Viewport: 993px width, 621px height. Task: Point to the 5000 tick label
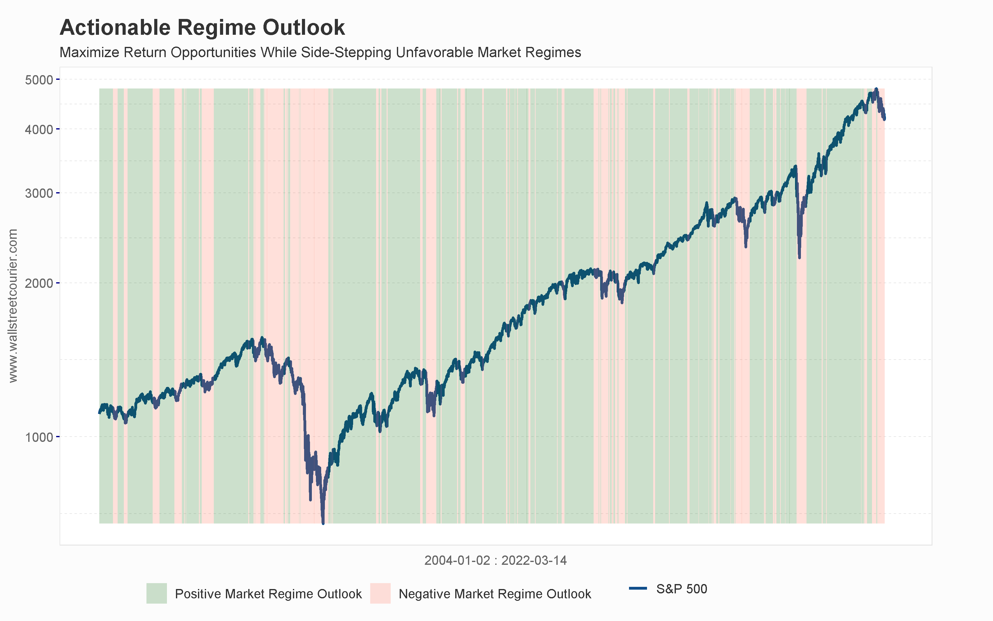click(x=39, y=80)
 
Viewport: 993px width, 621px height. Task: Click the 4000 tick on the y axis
click(x=39, y=130)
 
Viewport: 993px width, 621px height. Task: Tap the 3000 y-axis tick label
click(x=39, y=193)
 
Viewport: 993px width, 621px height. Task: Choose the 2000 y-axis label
click(x=39, y=283)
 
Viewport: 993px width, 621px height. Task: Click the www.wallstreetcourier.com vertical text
click(x=13, y=306)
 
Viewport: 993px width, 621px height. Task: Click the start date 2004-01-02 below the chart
click(x=457, y=561)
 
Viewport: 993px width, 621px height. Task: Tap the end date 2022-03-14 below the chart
click(x=534, y=561)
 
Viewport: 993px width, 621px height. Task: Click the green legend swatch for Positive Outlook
click(x=156, y=593)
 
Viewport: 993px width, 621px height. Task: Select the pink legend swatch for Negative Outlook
click(x=380, y=593)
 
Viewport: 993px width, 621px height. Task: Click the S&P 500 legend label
click(x=681, y=589)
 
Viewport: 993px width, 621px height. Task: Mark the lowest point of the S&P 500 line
click(x=323, y=523)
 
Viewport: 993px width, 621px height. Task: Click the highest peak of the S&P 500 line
click(x=876, y=89)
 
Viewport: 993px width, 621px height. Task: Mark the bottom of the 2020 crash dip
click(x=799, y=257)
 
